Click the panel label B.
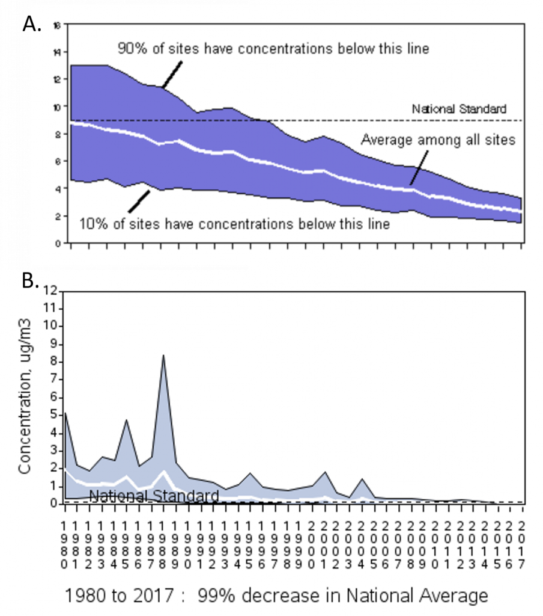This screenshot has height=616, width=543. (30, 281)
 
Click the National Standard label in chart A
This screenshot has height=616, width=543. (459, 109)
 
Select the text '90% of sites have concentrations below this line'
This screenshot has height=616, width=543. (273, 49)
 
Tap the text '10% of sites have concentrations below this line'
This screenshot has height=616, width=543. (235, 224)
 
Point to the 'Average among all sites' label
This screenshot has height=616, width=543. (438, 140)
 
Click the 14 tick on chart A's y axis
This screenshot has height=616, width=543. (56, 52)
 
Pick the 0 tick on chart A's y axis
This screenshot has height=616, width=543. (56, 244)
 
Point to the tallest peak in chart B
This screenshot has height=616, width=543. (163, 356)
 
